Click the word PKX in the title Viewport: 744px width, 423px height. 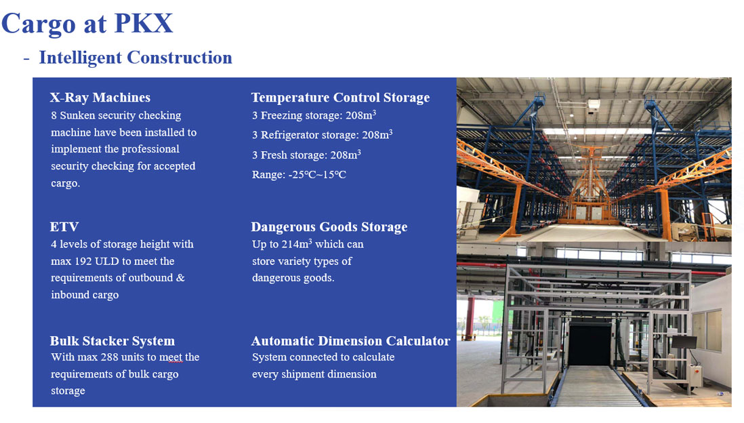tap(143, 23)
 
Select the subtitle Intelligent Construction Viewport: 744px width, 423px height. tap(136, 58)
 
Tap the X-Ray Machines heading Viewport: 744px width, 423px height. tap(100, 98)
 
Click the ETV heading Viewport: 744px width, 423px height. tap(64, 226)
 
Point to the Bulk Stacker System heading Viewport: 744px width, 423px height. tap(112, 341)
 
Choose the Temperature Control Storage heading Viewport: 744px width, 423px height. tap(340, 98)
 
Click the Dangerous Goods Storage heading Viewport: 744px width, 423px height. tap(329, 227)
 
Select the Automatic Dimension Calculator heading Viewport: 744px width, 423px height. tap(350, 341)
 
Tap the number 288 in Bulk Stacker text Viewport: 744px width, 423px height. tap(109, 357)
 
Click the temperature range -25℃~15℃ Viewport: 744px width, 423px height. tap(317, 175)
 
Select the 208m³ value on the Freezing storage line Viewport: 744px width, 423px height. tap(360, 115)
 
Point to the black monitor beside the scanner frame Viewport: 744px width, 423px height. tap(684, 342)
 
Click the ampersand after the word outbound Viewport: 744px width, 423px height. tap(180, 278)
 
